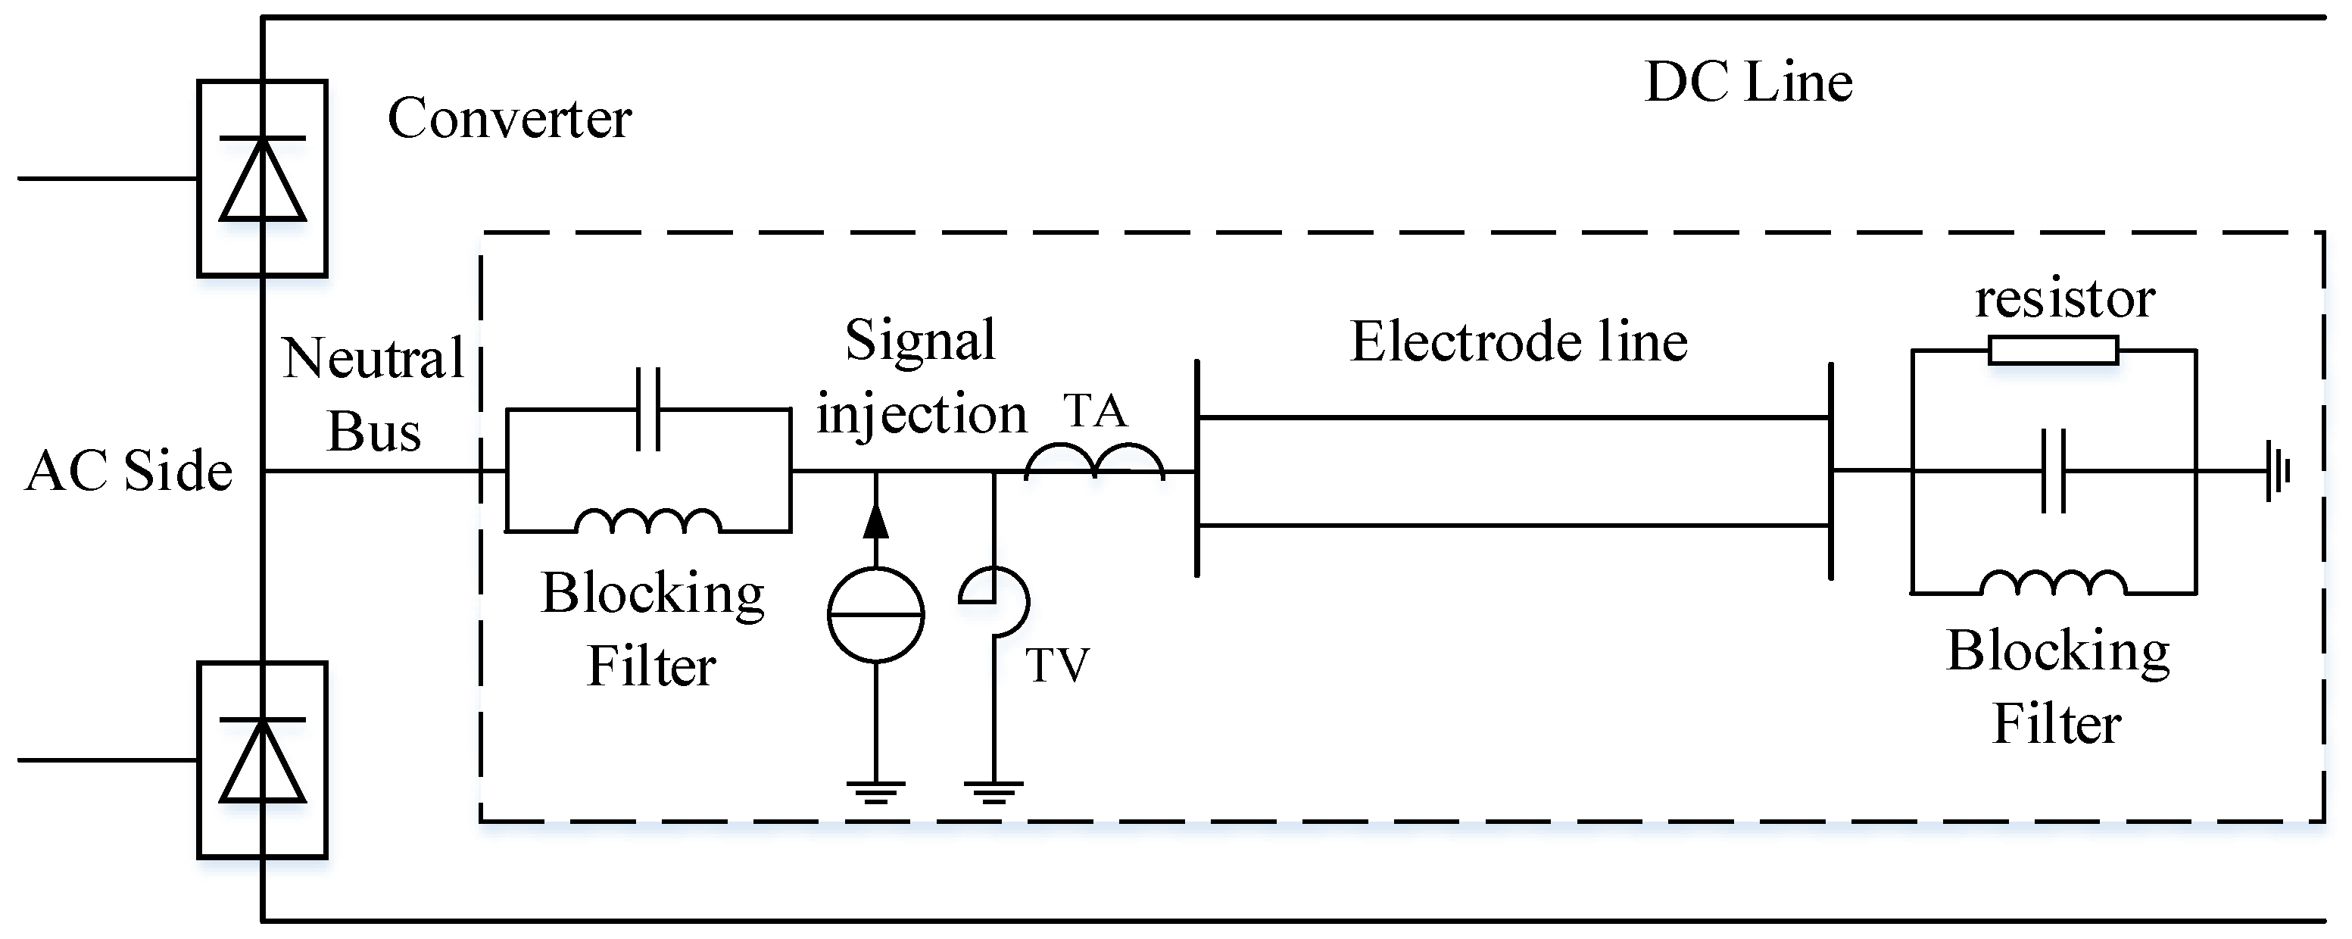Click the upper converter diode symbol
point(263,179)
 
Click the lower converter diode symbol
point(263,760)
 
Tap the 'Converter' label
point(509,119)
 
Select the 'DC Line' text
point(1748,83)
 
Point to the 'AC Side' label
point(129,471)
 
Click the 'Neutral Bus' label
point(373,395)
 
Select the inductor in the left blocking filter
point(648,522)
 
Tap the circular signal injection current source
point(875,615)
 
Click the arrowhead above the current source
point(875,521)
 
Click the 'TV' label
point(1057,665)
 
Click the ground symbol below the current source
point(875,792)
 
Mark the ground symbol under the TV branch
point(994,792)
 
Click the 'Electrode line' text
point(1518,342)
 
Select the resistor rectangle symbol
point(2053,351)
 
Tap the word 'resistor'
point(2065,298)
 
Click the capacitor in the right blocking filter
point(2054,471)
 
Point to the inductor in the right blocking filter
point(2054,583)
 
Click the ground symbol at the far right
point(2276,471)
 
